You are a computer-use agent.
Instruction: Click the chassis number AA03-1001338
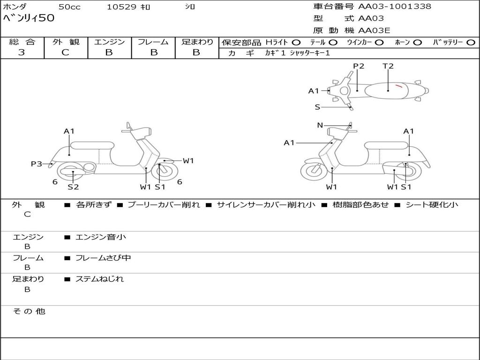click(395, 7)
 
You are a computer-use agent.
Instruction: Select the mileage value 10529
click(121, 7)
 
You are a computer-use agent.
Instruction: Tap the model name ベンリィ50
click(29, 19)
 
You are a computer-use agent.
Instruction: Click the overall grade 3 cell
click(22, 52)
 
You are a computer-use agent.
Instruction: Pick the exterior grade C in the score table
click(66, 52)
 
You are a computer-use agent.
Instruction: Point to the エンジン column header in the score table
click(109, 42)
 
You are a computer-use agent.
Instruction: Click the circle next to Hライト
click(296, 42)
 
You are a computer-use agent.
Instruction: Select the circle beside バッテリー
click(471, 42)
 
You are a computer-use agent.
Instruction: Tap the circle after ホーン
click(418, 42)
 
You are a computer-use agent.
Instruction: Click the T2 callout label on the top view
click(388, 66)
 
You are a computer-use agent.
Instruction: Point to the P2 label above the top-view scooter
click(359, 66)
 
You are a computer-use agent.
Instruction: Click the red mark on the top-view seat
click(398, 86)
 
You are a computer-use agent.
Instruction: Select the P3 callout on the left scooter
click(37, 164)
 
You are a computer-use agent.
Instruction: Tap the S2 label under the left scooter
click(73, 187)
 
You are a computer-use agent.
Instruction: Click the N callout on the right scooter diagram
click(320, 125)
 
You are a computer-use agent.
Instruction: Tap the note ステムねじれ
click(100, 279)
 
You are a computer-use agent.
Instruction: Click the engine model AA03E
click(374, 30)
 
